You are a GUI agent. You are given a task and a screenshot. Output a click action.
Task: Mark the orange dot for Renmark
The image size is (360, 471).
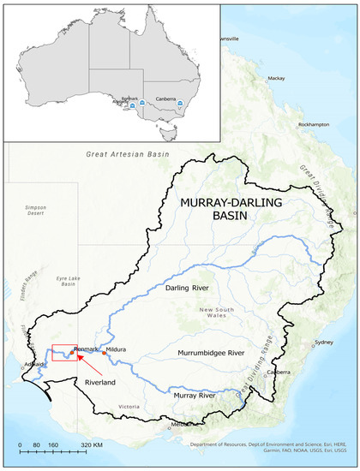coord(72,352)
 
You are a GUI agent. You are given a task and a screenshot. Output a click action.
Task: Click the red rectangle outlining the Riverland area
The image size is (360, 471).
coord(66,353)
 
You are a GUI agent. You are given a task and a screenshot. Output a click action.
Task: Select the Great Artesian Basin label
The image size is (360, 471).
coord(125,154)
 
